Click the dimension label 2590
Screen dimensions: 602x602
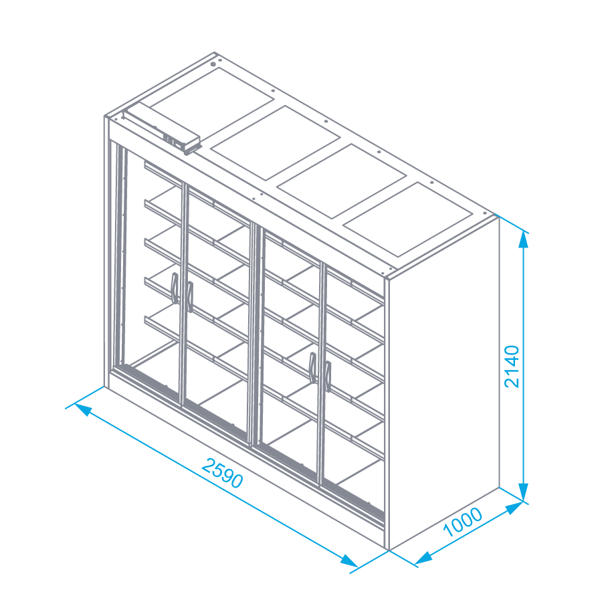[222, 473]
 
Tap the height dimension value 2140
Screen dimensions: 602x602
[512, 367]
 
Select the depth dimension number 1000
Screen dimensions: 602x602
[463, 522]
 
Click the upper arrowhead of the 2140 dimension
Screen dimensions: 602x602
[523, 239]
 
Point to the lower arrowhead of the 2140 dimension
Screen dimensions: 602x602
[523, 492]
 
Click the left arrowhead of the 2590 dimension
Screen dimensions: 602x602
[84, 409]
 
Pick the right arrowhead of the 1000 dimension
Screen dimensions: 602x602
[514, 508]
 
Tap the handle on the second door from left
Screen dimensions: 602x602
[189, 296]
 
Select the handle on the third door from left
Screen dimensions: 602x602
[313, 367]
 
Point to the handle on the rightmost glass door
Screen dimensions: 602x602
[327, 376]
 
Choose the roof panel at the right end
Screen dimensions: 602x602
[407, 219]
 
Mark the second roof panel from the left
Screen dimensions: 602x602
[276, 143]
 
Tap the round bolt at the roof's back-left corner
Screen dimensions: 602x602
[213, 64]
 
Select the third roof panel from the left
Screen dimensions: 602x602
[341, 181]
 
